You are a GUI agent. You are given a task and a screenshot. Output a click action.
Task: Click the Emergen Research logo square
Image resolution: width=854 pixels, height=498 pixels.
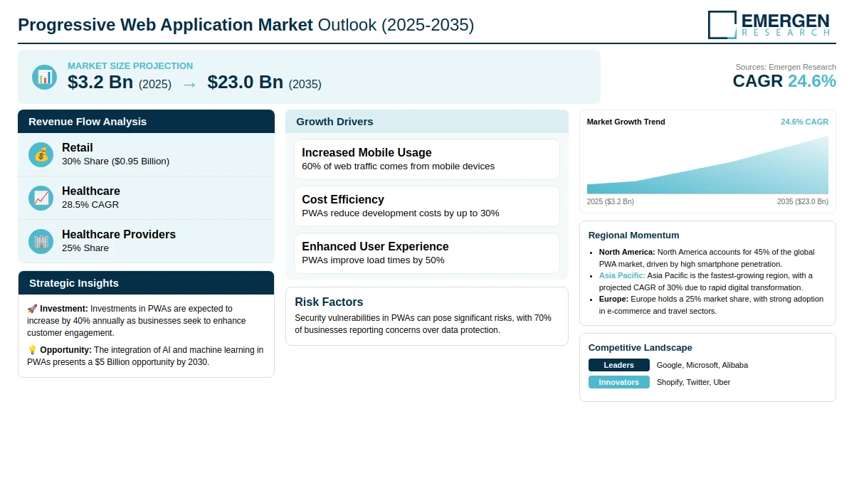click(x=722, y=25)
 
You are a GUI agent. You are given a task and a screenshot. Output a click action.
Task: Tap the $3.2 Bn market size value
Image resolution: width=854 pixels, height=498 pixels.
click(x=100, y=83)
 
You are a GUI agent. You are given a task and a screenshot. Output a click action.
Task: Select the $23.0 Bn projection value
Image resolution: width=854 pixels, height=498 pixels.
click(x=245, y=83)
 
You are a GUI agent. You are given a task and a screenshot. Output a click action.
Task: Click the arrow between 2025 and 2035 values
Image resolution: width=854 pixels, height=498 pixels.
click(x=189, y=85)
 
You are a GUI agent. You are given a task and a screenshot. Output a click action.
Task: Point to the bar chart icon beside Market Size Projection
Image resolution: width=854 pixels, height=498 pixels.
click(x=45, y=78)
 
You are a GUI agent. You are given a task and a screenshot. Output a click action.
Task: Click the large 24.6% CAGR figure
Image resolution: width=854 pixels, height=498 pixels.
click(x=812, y=81)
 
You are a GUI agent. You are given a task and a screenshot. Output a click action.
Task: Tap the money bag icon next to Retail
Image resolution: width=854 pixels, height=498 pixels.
click(x=41, y=154)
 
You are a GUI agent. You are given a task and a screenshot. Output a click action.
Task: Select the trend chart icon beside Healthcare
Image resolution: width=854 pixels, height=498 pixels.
click(x=41, y=198)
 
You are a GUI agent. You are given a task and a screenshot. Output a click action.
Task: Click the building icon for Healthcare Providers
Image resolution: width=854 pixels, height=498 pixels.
click(x=41, y=242)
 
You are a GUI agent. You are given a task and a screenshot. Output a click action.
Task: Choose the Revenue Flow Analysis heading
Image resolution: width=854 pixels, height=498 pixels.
click(x=88, y=122)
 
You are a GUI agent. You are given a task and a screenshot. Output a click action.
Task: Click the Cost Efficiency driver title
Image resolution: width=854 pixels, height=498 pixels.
click(x=343, y=199)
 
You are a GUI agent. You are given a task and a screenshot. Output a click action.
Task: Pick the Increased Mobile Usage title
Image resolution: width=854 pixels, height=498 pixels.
click(x=367, y=152)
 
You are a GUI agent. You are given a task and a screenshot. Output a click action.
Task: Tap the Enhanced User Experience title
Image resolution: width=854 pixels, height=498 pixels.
click(x=375, y=247)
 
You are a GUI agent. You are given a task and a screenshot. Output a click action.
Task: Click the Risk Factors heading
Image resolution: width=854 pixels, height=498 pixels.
click(x=329, y=302)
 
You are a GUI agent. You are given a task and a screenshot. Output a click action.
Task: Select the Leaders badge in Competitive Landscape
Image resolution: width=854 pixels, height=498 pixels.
click(x=618, y=365)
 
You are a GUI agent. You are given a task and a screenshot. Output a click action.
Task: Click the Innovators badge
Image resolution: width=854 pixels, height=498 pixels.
click(x=618, y=382)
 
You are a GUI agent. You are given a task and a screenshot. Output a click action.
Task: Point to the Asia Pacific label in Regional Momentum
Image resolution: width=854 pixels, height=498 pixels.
click(x=622, y=275)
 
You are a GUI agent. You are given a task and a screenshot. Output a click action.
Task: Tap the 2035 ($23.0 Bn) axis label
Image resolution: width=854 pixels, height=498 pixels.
click(x=803, y=201)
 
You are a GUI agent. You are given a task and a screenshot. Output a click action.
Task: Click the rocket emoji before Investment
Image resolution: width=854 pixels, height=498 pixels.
click(x=32, y=309)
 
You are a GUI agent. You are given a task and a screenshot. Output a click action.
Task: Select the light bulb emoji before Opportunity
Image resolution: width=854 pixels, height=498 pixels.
click(x=32, y=350)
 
